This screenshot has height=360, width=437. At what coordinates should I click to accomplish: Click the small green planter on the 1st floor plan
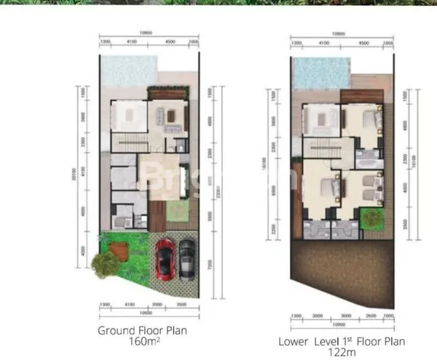pos(371,216)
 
